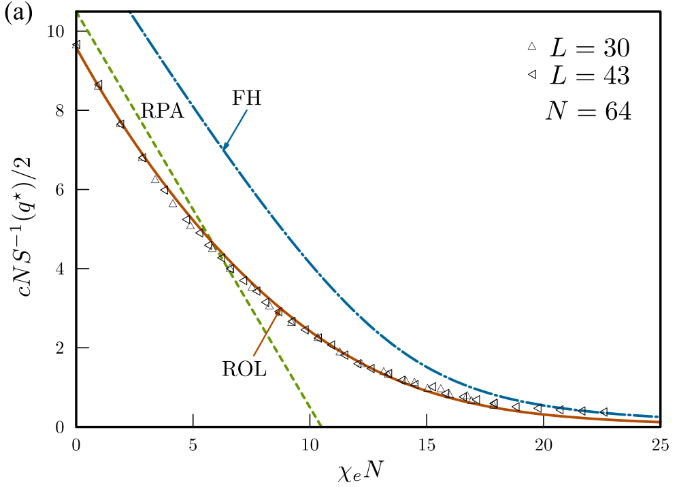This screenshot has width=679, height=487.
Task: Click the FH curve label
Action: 247,97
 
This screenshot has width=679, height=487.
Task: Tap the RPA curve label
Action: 163,111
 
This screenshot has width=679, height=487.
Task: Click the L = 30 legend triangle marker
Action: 532,47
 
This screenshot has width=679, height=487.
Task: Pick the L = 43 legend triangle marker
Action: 532,76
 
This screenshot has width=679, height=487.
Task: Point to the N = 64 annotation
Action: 588,111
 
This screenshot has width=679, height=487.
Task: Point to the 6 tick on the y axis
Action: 61,190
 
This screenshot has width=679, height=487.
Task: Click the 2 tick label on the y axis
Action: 61,348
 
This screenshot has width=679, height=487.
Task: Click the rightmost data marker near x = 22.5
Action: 603,412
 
